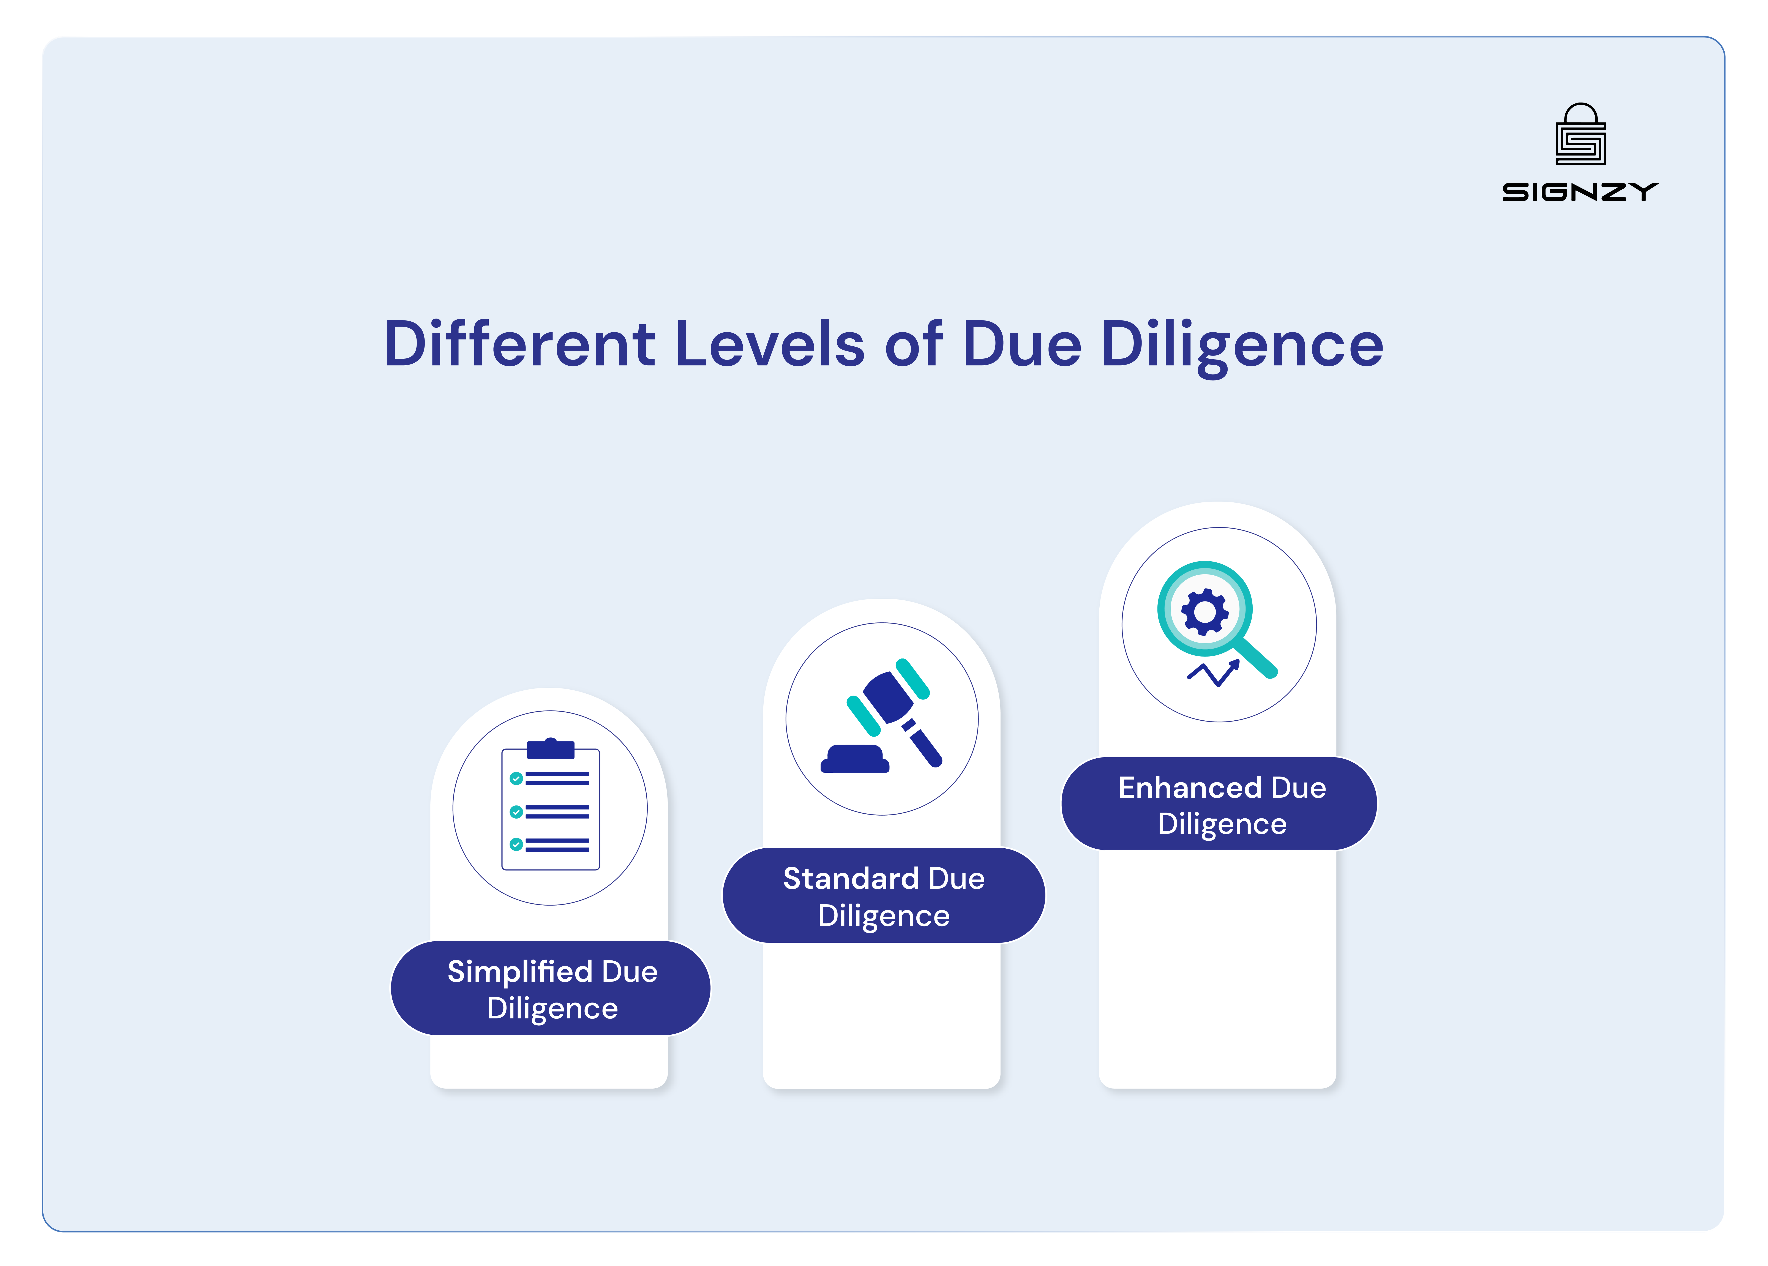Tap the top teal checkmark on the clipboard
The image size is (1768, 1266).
[516, 778]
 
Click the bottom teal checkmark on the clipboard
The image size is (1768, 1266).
[516, 844]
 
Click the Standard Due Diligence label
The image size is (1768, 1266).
[883, 896]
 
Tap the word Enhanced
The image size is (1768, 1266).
[1190, 787]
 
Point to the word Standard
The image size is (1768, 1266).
[851, 879]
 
